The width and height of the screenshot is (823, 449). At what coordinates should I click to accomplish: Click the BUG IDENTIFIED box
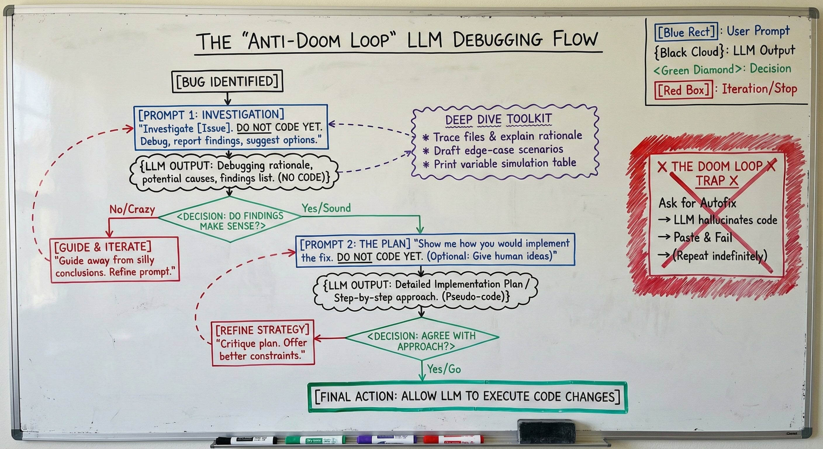point(227,82)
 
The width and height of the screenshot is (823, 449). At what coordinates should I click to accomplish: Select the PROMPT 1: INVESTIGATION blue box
point(231,127)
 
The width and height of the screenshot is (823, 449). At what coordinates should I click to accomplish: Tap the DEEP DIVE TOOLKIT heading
point(498,119)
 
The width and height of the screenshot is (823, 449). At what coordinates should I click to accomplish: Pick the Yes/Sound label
point(326,208)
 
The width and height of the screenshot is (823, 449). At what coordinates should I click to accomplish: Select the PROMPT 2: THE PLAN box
point(435,250)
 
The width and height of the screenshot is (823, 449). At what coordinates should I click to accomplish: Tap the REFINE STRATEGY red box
point(263,343)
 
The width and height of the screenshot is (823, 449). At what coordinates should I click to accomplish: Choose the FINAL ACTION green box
point(467,397)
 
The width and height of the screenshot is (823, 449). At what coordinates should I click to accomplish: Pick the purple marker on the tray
point(387,439)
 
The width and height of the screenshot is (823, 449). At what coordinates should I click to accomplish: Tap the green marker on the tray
point(315,440)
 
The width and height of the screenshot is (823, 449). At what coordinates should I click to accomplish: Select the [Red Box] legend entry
point(683,90)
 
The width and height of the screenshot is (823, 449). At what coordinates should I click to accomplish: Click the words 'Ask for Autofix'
point(697,203)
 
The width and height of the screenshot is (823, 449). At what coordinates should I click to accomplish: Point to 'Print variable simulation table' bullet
point(504,164)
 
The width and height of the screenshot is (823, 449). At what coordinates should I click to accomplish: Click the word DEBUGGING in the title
point(497,40)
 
